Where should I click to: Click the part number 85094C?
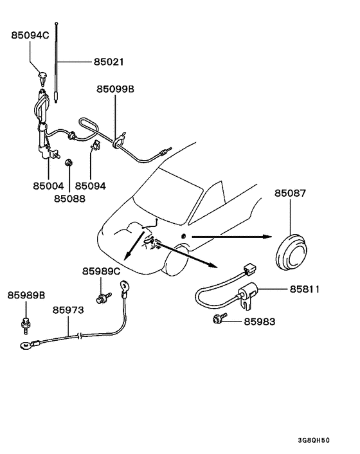[30, 35]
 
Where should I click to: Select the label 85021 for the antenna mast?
[109, 62]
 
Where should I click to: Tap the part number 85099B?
[116, 89]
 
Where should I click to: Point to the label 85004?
[48, 186]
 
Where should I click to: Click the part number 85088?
[69, 199]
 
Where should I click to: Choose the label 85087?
[290, 194]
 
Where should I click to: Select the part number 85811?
[305, 289]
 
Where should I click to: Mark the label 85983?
[260, 322]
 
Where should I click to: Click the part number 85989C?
[101, 271]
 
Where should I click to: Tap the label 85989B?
[26, 295]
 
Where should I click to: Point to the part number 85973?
[68, 310]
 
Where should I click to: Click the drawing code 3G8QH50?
[314, 440]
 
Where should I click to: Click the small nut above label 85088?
[69, 163]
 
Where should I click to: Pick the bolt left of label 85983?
[220, 318]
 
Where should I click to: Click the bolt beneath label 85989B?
[26, 326]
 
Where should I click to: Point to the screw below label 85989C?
[104, 298]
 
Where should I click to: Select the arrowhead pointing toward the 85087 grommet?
[267, 237]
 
